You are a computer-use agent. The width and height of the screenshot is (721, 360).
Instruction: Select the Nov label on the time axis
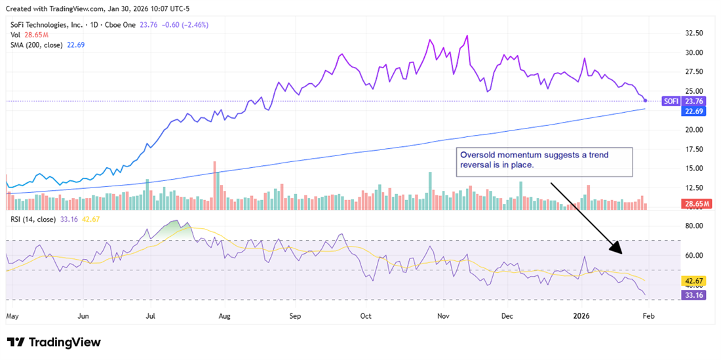[442, 315]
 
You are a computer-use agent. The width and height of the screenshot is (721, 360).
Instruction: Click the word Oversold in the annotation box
[477, 155]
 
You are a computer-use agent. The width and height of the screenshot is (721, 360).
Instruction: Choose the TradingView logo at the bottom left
[54, 342]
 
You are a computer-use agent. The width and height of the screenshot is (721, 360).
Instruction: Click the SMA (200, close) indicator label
[37, 45]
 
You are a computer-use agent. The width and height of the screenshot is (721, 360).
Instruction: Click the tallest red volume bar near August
[214, 185]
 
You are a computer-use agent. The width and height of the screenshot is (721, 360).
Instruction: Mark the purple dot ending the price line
[646, 100]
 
